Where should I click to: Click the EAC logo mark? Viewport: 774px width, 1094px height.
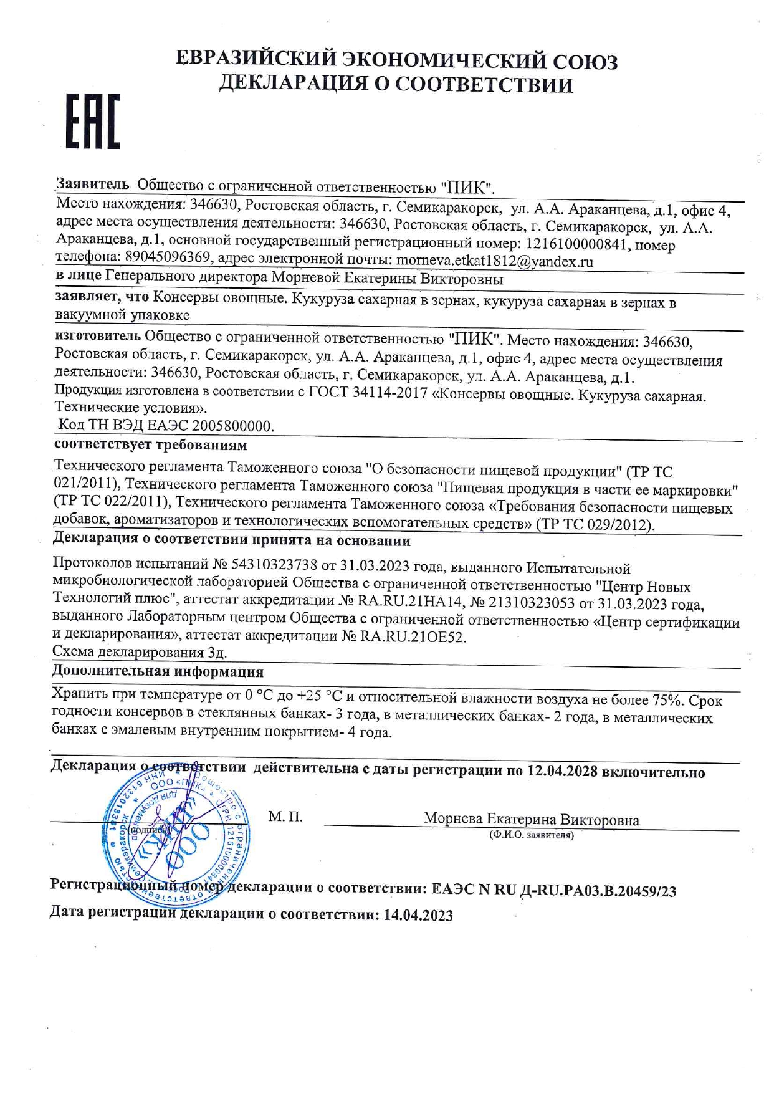pyautogui.click(x=93, y=122)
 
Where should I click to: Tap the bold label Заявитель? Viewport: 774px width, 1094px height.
pyautogui.click(x=92, y=185)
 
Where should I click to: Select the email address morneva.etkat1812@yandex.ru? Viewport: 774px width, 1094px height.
pyautogui.click(x=494, y=261)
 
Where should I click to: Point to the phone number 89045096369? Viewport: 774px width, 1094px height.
pyautogui.click(x=167, y=257)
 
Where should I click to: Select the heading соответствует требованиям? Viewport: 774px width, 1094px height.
pyautogui.click(x=150, y=445)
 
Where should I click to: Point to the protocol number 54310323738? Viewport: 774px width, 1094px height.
pyautogui.click(x=274, y=565)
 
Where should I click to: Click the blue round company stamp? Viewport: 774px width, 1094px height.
pyautogui.click(x=174, y=837)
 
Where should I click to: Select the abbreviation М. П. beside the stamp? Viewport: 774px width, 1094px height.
pyautogui.click(x=285, y=817)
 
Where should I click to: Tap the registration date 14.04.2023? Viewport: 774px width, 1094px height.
pyautogui.click(x=418, y=915)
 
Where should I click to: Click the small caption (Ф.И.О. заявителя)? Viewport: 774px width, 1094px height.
pyautogui.click(x=531, y=835)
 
